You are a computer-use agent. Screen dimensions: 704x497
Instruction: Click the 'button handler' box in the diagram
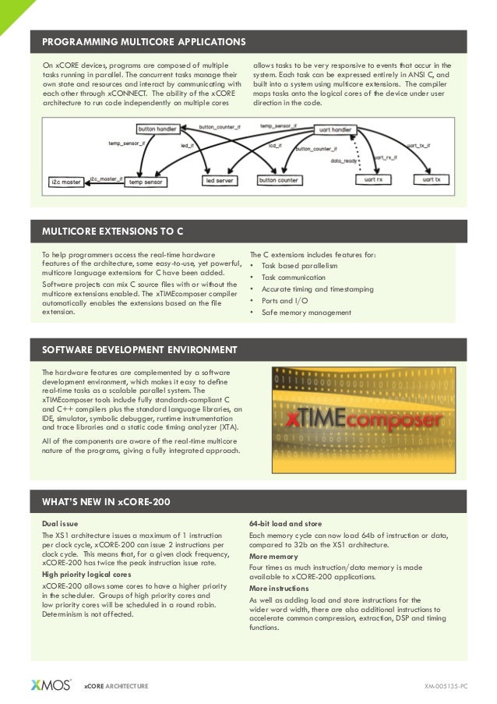(x=157, y=129)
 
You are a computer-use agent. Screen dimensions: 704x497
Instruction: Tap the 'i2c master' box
(x=66, y=181)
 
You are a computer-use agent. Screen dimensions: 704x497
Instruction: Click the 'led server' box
(x=219, y=181)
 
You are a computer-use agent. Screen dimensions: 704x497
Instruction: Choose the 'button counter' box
(x=279, y=181)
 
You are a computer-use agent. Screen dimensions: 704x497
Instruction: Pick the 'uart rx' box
(x=373, y=180)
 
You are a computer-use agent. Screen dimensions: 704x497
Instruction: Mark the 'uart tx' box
(x=432, y=180)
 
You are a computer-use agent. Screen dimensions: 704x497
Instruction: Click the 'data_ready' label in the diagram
(x=345, y=160)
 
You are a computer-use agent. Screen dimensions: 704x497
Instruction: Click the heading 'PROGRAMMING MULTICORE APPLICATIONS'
(x=143, y=41)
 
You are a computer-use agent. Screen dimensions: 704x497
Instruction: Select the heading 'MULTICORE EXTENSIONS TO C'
(x=113, y=232)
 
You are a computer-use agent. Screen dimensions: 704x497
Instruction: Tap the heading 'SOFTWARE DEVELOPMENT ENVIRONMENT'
(x=139, y=348)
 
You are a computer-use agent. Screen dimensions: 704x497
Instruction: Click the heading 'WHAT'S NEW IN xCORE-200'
(x=106, y=501)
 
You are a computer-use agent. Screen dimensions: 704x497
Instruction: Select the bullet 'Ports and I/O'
(x=284, y=301)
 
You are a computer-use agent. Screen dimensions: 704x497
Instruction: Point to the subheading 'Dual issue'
(x=60, y=523)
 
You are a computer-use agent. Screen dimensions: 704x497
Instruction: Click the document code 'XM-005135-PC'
(x=446, y=686)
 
